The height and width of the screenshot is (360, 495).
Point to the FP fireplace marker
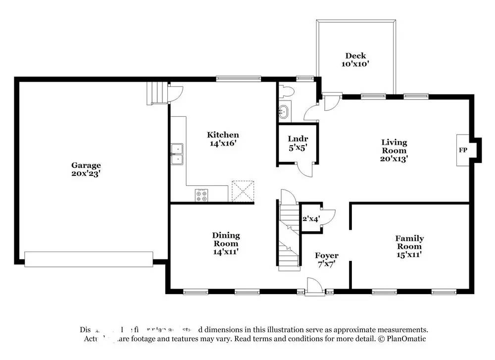pos(463,150)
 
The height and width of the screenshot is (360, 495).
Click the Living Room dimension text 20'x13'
pos(394,159)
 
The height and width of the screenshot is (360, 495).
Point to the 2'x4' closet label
pos(311,218)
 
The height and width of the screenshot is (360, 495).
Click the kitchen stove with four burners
pos(202,196)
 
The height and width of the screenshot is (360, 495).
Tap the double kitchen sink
pos(177,154)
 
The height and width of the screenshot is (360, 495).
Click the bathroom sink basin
pos(284,111)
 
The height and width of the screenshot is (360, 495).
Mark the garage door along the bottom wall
pos(89,259)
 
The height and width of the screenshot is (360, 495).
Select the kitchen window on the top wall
pos(238,78)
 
